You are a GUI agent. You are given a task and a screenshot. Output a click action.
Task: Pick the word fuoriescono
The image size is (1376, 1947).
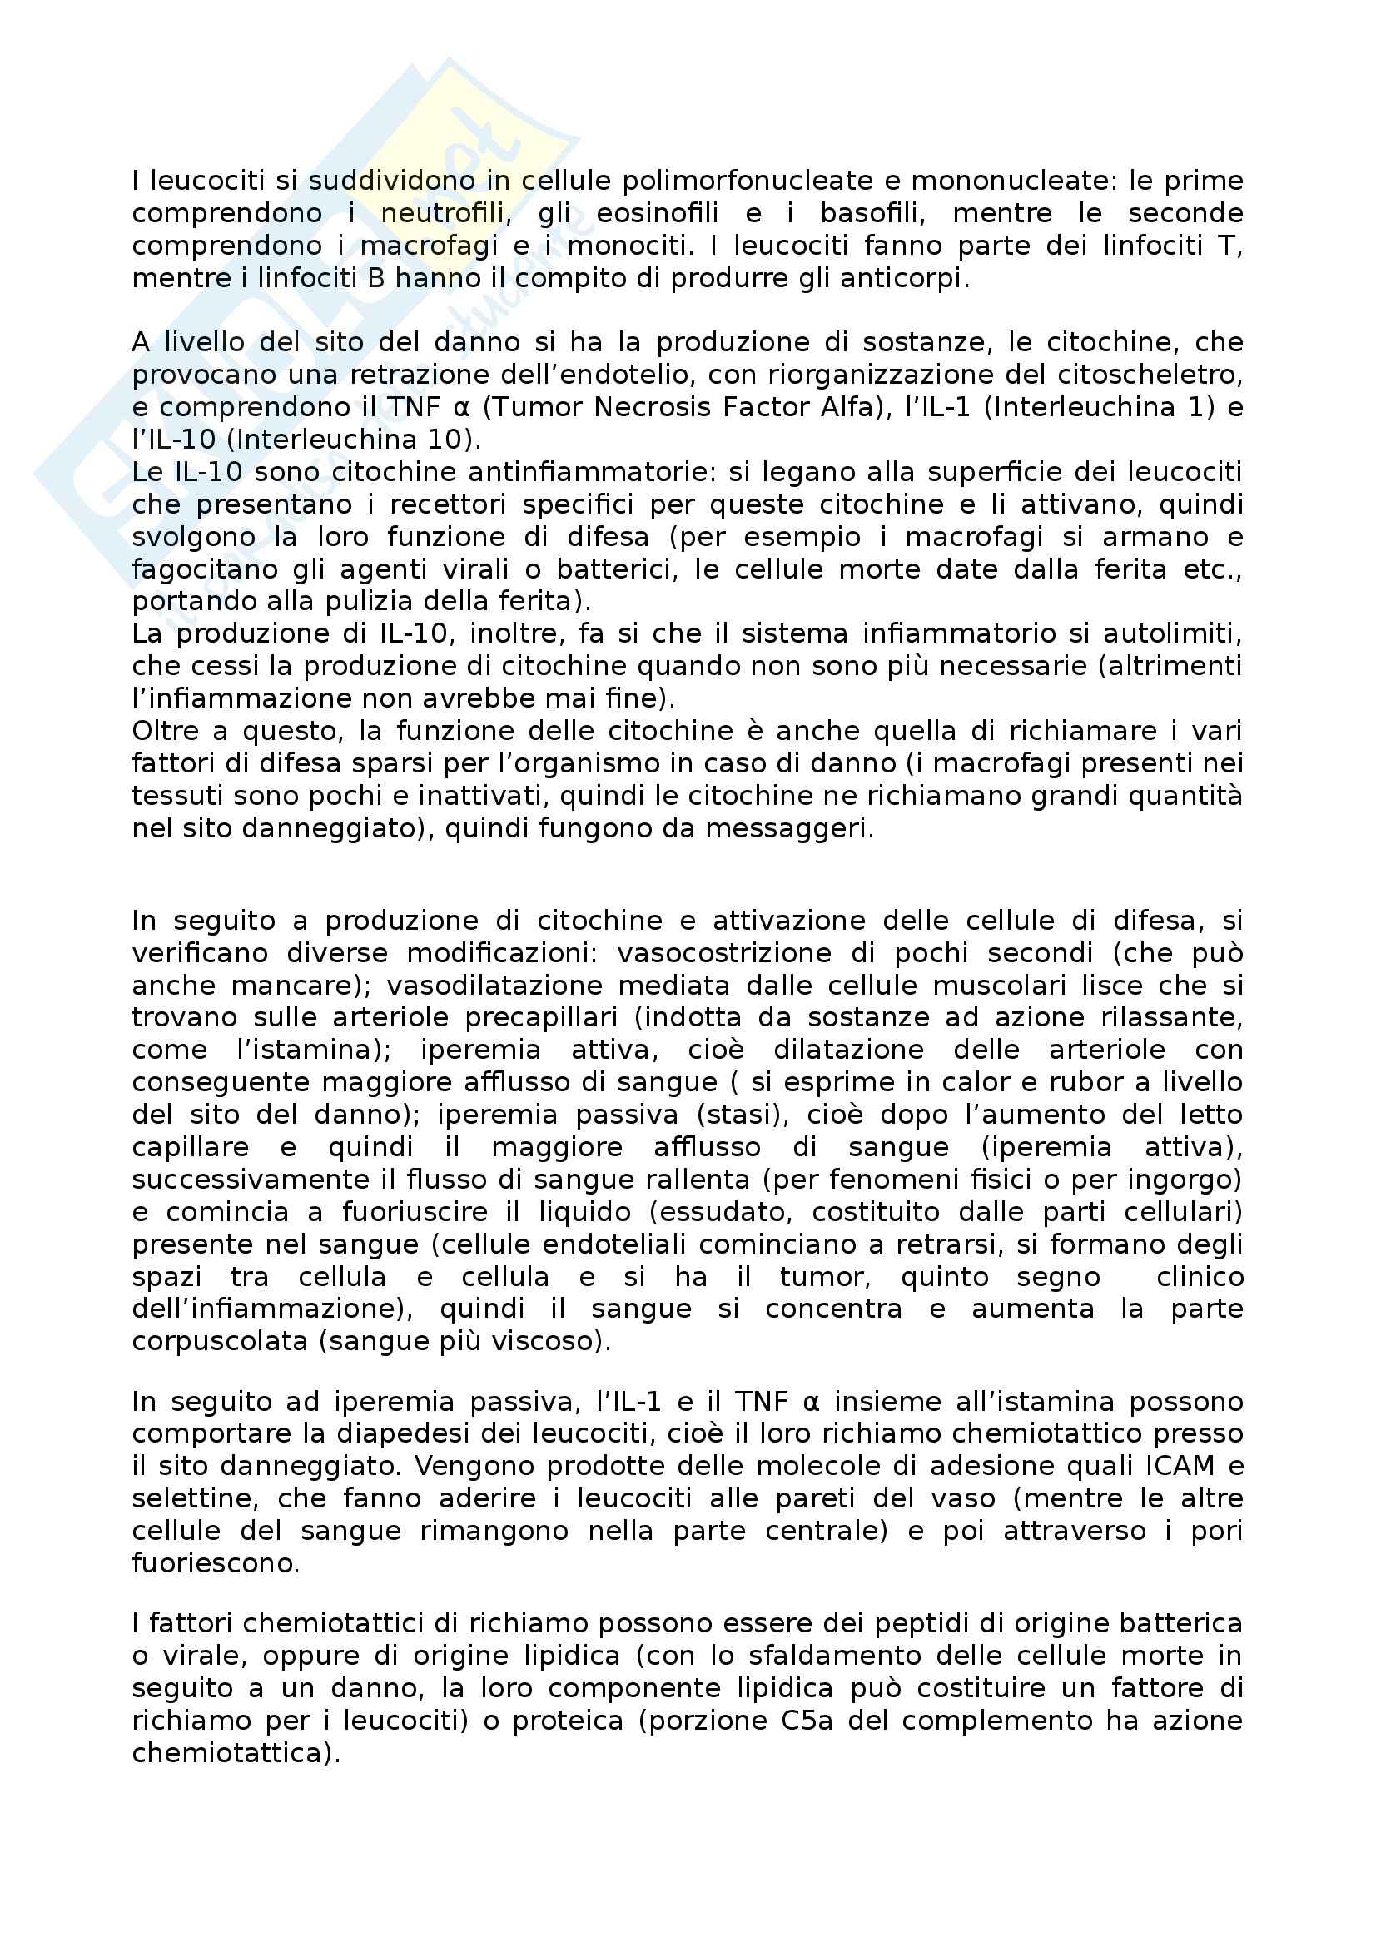click(x=216, y=1563)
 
